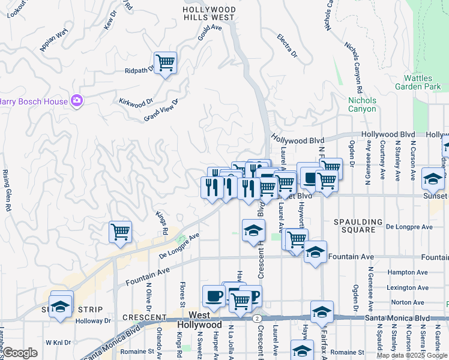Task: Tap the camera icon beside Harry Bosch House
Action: click(76, 101)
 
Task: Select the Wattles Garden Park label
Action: click(422, 82)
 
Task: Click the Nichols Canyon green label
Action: click(362, 104)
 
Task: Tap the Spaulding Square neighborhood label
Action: click(359, 226)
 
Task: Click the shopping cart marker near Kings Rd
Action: click(120, 232)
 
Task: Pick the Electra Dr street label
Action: click(288, 46)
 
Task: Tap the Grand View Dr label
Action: click(161, 111)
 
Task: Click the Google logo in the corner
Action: click(20, 353)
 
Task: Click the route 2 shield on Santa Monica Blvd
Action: click(256, 317)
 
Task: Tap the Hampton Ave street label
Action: click(404, 272)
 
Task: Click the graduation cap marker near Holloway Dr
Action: click(61, 305)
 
